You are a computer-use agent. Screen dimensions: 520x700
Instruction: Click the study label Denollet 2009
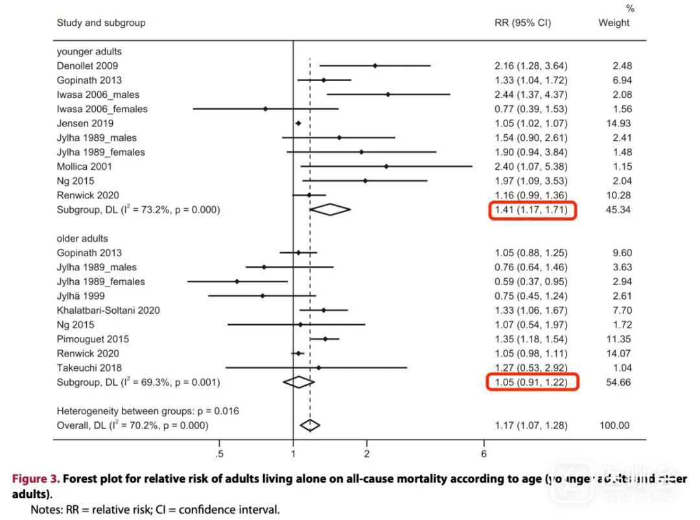(87, 66)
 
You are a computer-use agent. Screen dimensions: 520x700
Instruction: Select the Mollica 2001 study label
(84, 167)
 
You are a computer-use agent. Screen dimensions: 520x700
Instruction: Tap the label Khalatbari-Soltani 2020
(108, 311)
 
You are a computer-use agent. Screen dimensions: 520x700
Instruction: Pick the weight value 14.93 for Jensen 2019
(618, 123)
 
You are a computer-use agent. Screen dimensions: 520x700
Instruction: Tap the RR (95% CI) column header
(522, 23)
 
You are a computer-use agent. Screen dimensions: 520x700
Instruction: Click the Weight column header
(614, 23)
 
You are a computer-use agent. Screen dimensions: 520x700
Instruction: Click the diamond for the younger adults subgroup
(330, 209)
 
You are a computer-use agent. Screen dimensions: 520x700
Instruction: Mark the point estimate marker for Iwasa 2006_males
(388, 95)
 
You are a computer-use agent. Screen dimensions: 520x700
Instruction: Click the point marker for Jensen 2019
(298, 123)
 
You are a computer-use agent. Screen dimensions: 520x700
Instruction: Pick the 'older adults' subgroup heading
(82, 239)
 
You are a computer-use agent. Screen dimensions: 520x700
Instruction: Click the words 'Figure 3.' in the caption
(36, 479)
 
